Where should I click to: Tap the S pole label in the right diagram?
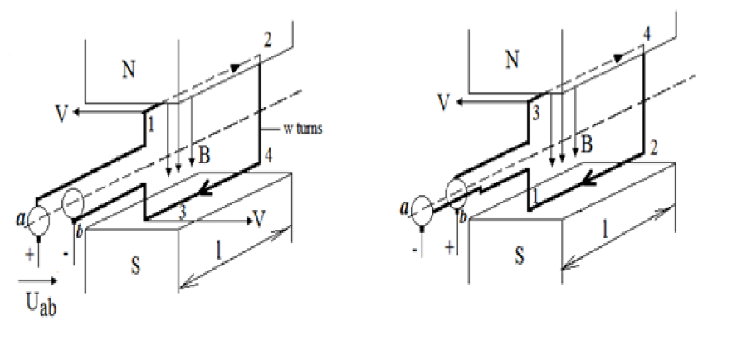[518, 255]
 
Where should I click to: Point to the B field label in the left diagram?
[203, 153]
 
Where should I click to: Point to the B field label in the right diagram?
[586, 143]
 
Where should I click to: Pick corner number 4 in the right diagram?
[647, 34]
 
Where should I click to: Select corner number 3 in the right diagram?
[536, 114]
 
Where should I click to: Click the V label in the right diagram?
[445, 102]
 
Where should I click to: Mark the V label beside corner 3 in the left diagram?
[261, 219]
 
